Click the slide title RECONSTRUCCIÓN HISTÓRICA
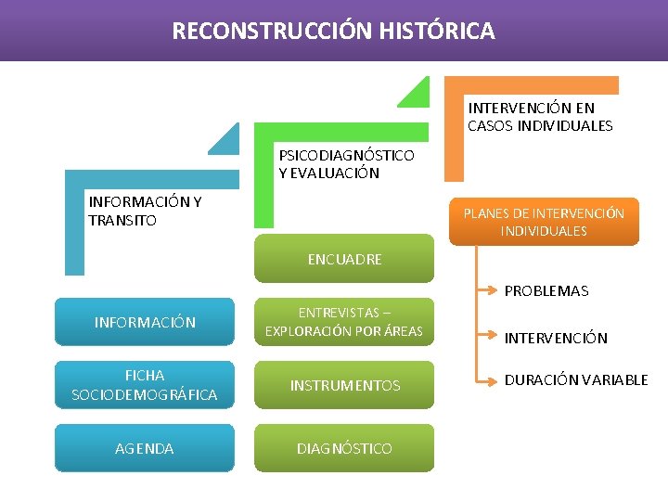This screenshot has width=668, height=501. click(x=333, y=32)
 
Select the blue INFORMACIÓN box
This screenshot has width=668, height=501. click(x=145, y=322)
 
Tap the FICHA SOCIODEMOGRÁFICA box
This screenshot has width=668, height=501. click(x=145, y=385)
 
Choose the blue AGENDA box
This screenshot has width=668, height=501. click(x=145, y=448)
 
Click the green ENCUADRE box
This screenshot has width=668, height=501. click(x=344, y=259)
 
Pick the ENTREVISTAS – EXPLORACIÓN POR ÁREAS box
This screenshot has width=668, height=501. click(x=344, y=322)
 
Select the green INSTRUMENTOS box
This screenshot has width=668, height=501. click(x=344, y=385)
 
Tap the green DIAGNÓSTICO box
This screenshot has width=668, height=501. click(x=344, y=448)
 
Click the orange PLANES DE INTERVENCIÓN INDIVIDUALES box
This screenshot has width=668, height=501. click(x=544, y=222)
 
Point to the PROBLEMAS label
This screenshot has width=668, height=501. click(x=546, y=290)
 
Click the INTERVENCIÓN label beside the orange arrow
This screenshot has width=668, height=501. click(x=555, y=338)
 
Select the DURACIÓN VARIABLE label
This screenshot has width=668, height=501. click(x=576, y=379)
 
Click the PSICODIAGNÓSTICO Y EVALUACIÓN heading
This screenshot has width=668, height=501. click(x=346, y=163)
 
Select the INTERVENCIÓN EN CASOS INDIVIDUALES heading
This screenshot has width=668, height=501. click(x=540, y=117)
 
